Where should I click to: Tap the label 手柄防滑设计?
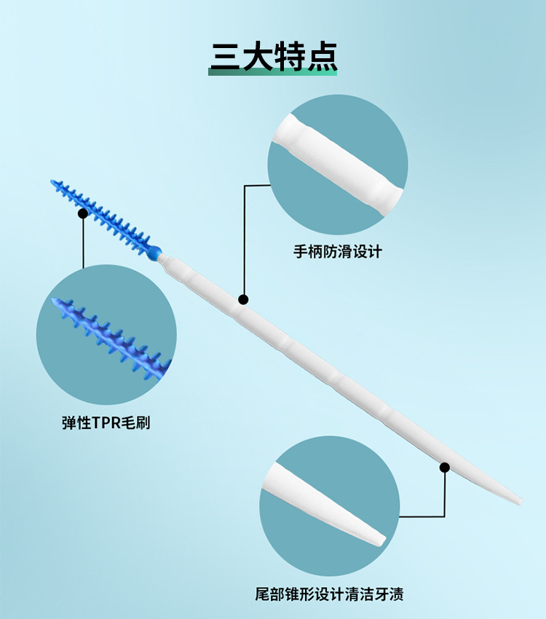337,252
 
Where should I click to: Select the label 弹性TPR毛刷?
106,423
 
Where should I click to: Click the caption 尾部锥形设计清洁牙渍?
329,594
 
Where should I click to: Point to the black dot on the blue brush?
83,213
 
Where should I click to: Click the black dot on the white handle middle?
243,299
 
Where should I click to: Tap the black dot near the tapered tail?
444,467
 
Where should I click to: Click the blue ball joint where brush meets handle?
154,253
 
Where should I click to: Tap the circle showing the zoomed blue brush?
106,335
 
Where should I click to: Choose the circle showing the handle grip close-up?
337,164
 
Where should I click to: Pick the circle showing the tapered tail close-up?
329,507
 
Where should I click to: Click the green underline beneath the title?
273,72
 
